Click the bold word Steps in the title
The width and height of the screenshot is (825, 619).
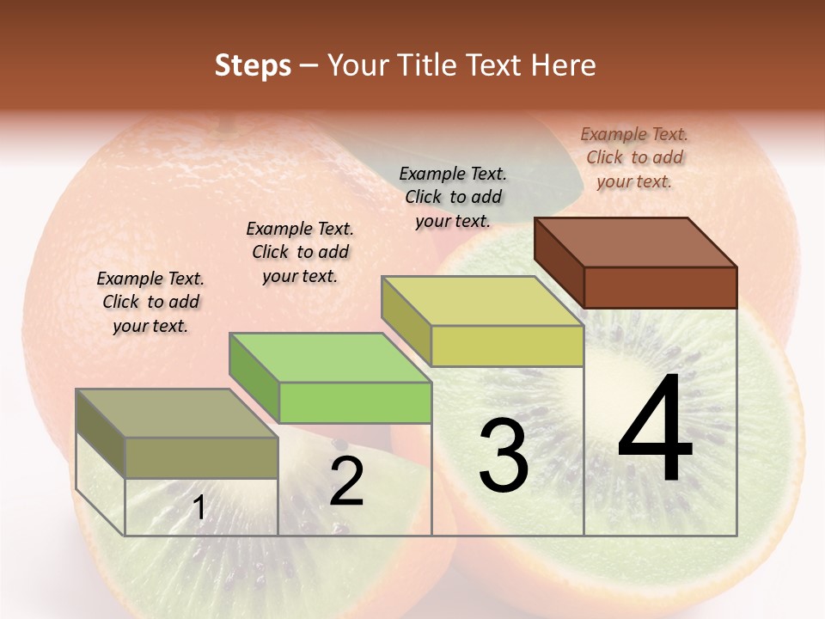point(253,65)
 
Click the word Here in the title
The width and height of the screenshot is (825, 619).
point(563,65)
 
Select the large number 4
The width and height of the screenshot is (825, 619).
point(656,430)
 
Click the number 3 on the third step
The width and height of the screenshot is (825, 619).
point(504,456)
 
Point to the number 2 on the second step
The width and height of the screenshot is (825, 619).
point(347,481)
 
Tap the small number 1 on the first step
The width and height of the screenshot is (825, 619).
point(199,508)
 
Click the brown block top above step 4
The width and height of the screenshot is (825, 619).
point(636,242)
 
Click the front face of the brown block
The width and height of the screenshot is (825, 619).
point(660,287)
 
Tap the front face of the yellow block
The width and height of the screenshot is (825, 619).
point(507,346)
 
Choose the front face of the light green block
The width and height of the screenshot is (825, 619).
point(355,402)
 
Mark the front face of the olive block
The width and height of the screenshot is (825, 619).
point(202,457)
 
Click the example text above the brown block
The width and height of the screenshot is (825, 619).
point(634,157)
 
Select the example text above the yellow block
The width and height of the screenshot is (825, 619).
point(453,197)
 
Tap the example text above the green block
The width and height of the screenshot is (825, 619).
point(300,252)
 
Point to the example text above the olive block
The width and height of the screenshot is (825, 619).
point(150,302)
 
